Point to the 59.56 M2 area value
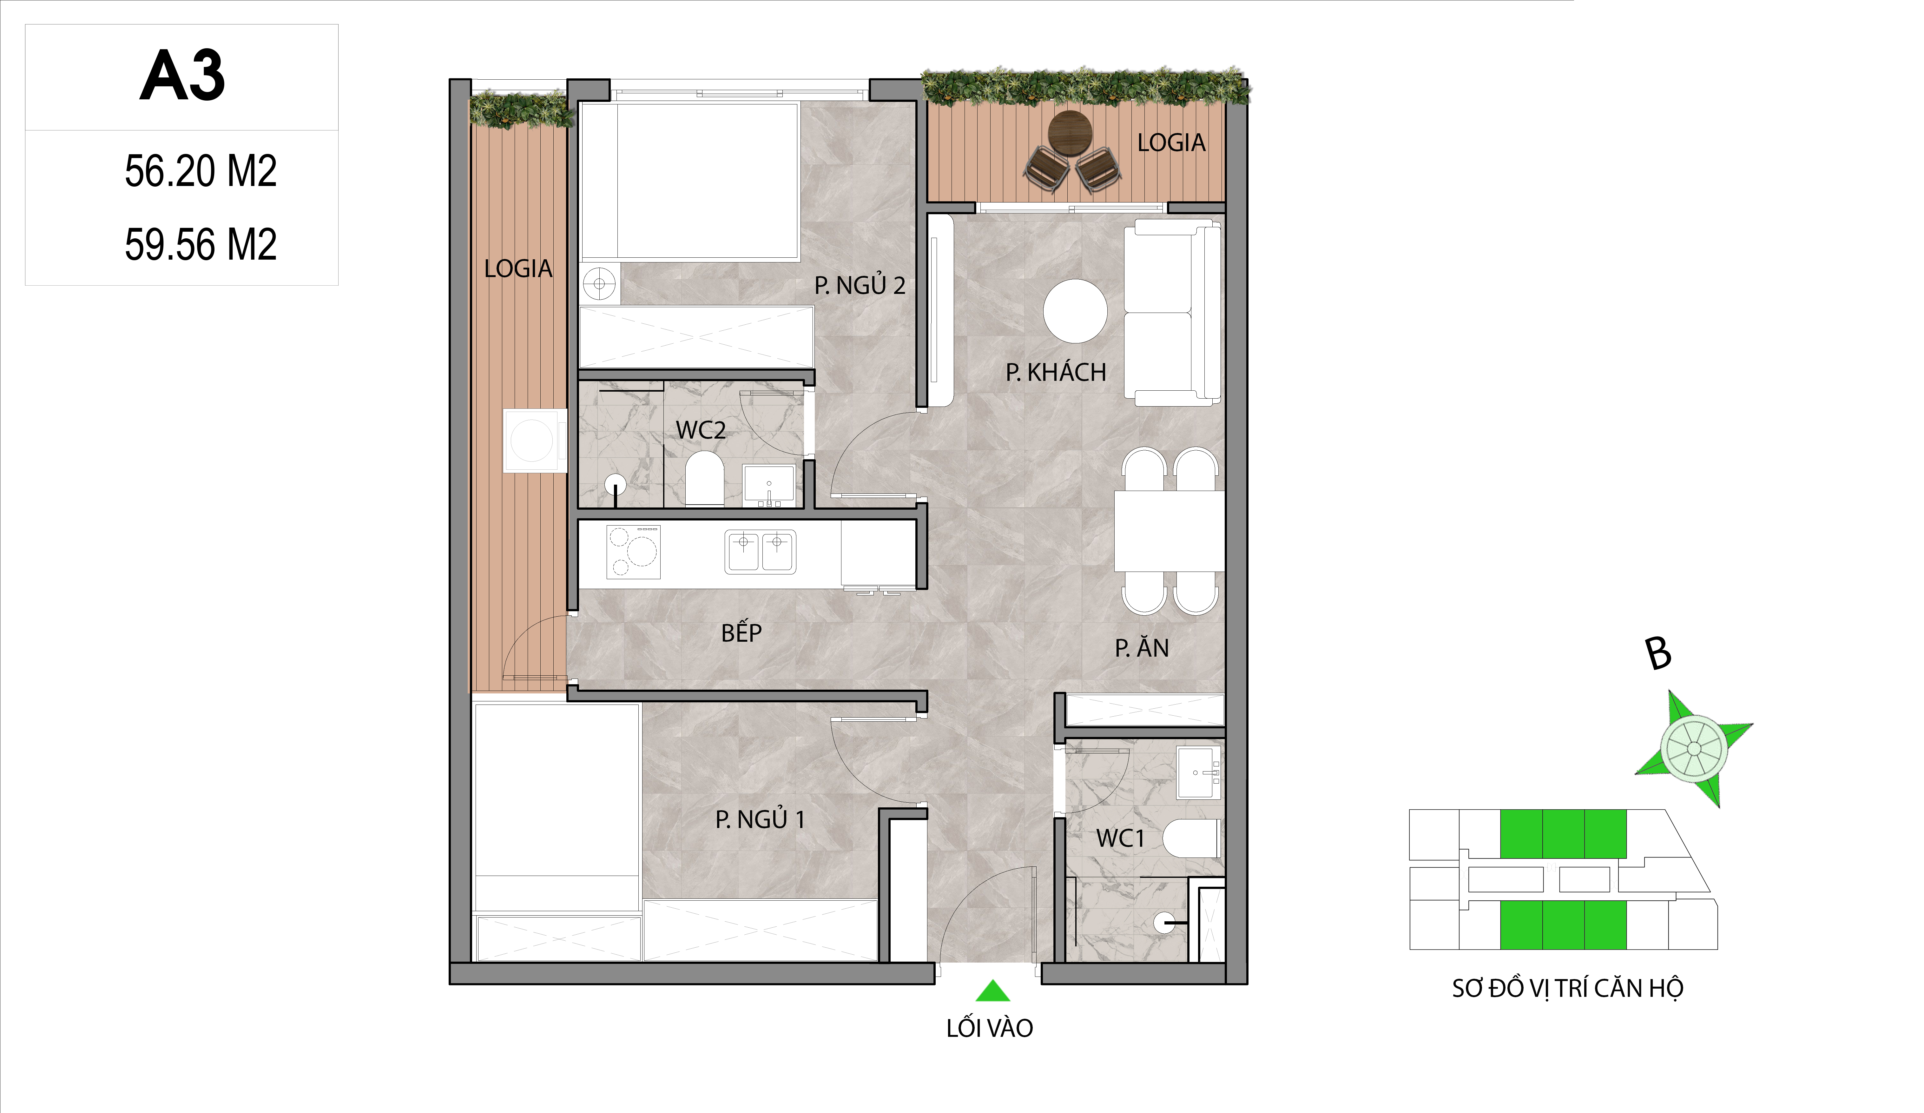click(201, 244)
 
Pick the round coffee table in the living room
click(1075, 311)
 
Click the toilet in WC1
click(1191, 838)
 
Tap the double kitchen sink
click(761, 552)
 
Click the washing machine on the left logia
click(534, 441)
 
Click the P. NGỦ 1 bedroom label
click(760, 820)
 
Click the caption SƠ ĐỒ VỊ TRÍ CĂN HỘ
click(1567, 989)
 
